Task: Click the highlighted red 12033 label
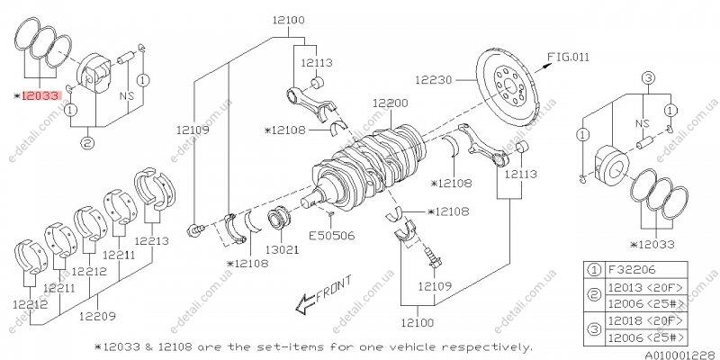point(40,94)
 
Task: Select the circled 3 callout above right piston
point(648,79)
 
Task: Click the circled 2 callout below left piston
point(87,141)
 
